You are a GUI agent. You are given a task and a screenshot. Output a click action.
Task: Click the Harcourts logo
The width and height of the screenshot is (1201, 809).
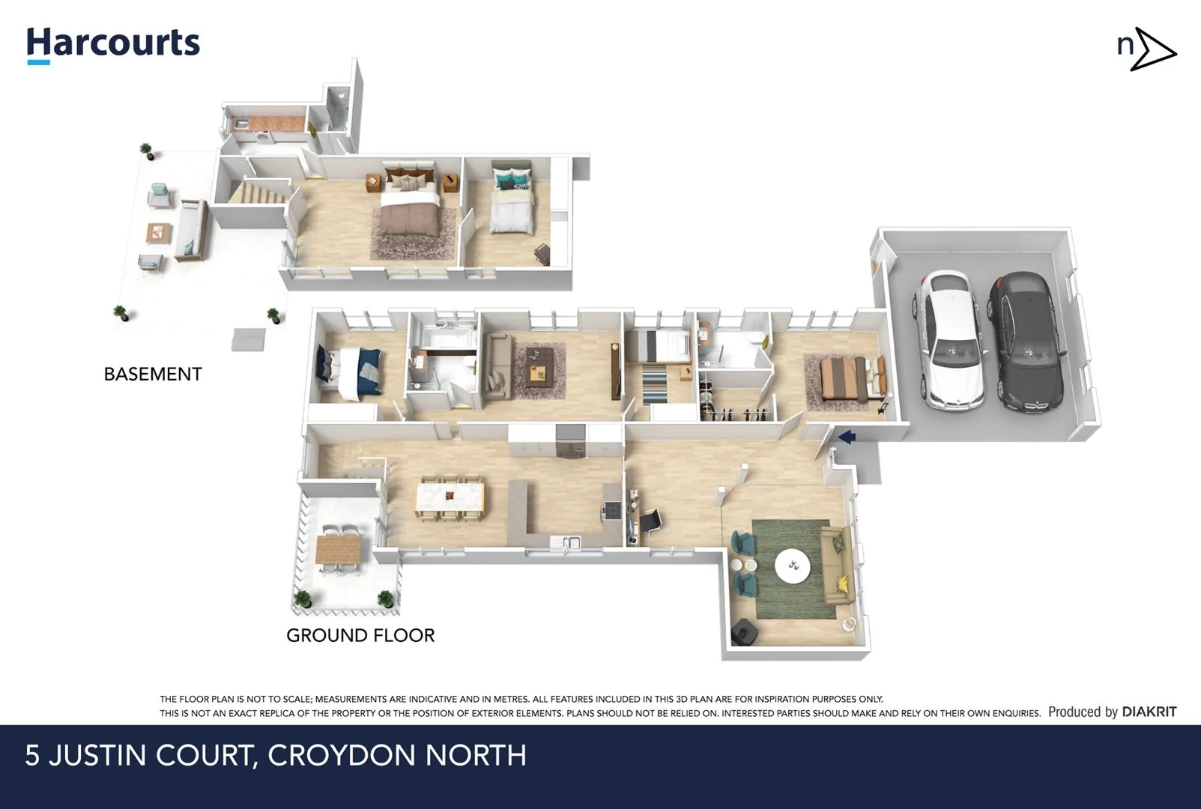(x=113, y=43)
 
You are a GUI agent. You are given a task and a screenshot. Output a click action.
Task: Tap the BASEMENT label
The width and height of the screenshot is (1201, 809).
(x=153, y=374)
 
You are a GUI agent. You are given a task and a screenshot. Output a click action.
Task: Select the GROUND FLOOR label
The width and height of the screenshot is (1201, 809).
(x=360, y=635)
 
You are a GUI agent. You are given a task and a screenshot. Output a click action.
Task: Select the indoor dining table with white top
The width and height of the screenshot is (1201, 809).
(x=450, y=496)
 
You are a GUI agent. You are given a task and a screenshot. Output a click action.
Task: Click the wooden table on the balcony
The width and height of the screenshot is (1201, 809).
(x=338, y=550)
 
